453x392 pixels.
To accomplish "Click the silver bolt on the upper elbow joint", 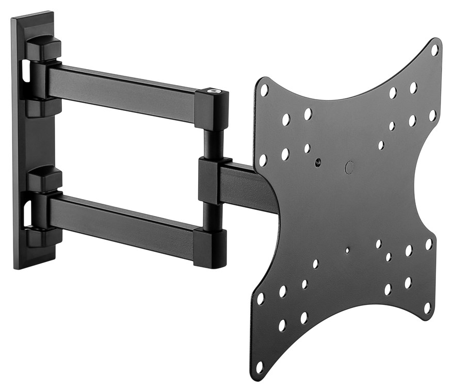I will point(213,92).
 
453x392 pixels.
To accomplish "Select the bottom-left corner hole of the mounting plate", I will point(259,367).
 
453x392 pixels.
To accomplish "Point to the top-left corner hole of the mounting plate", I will point(264,90).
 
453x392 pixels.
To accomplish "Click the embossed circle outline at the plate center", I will point(349,167).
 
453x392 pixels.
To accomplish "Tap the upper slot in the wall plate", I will point(24,72).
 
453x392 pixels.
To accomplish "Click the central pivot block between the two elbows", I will point(211,181).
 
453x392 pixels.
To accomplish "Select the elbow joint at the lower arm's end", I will point(210,248).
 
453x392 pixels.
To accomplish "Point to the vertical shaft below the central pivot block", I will point(212,217).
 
